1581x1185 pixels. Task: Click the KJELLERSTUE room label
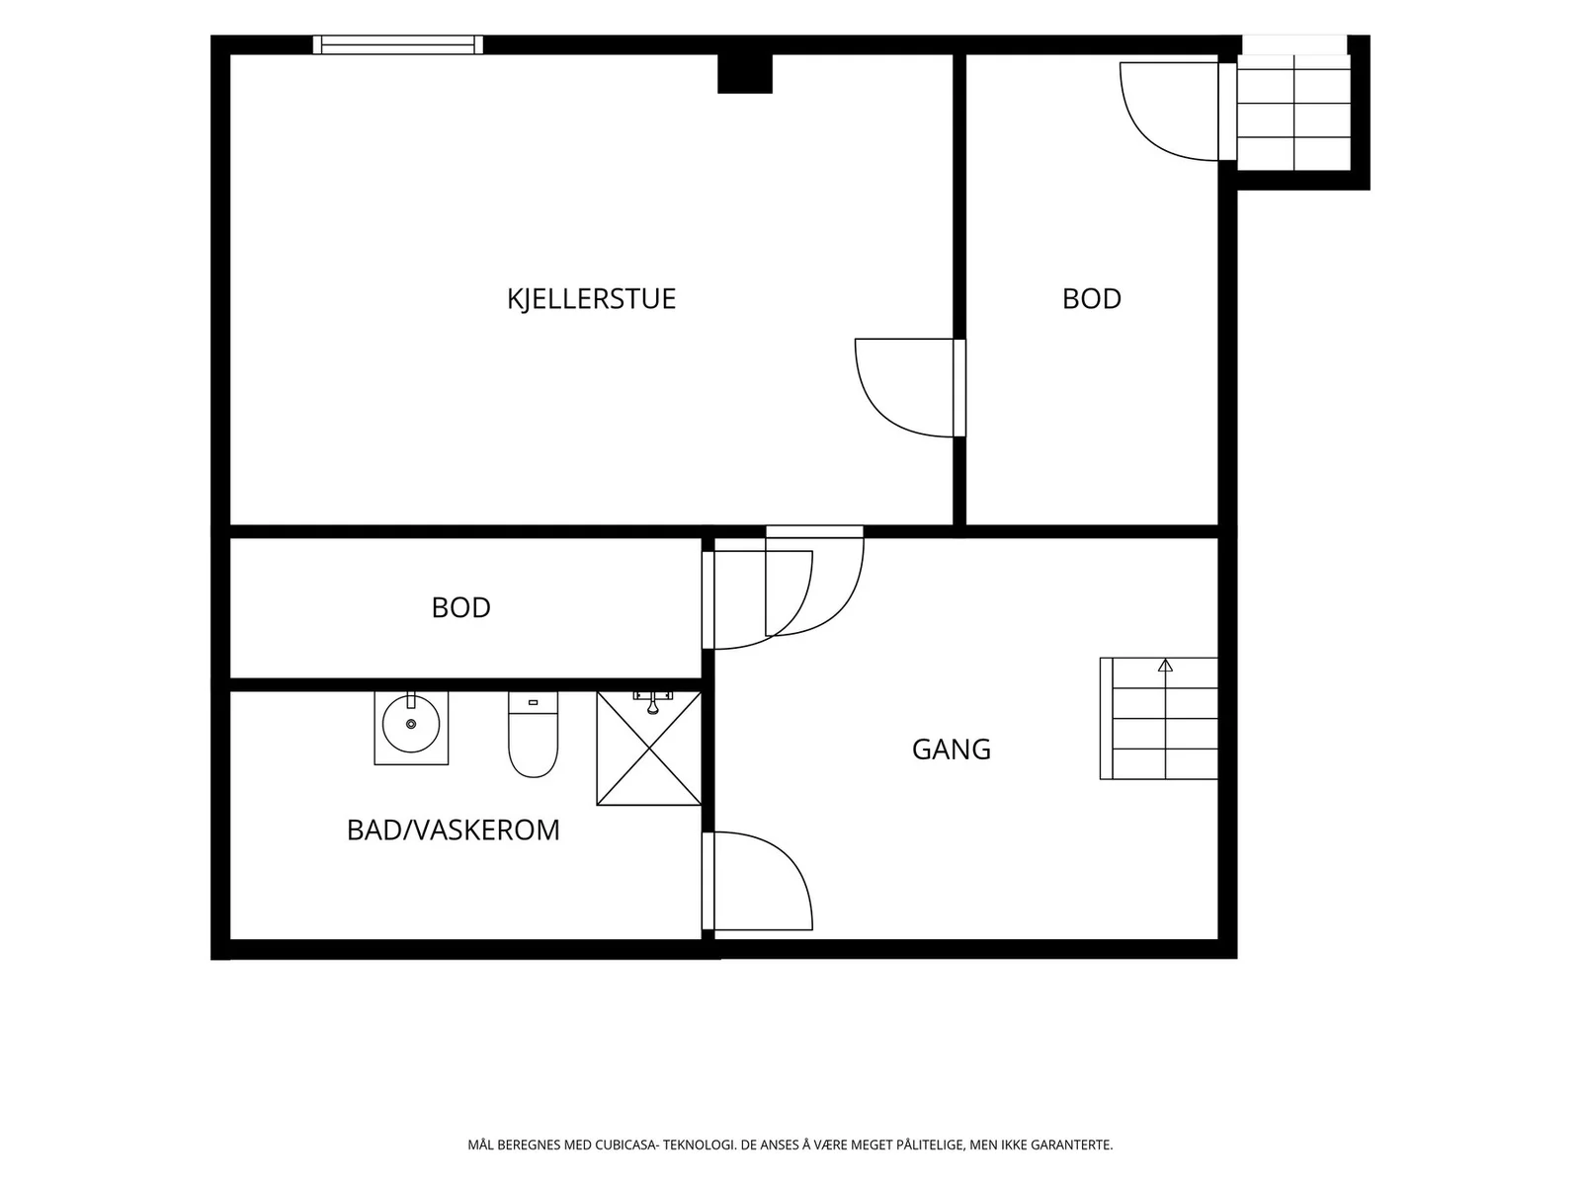click(x=591, y=298)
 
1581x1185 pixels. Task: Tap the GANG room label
click(x=951, y=749)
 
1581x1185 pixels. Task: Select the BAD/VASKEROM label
click(x=453, y=829)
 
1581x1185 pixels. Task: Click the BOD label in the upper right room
click(x=1091, y=298)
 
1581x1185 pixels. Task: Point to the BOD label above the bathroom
click(x=461, y=607)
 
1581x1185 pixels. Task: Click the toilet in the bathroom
click(x=533, y=734)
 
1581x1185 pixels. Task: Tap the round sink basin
click(x=410, y=724)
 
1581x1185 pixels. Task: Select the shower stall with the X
click(x=649, y=749)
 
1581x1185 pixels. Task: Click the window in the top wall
click(x=398, y=44)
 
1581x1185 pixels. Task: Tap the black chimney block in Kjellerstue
click(x=745, y=73)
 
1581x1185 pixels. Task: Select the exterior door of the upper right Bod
click(x=1178, y=112)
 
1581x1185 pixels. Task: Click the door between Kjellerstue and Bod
click(x=910, y=387)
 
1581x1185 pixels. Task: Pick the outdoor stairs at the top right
click(x=1293, y=113)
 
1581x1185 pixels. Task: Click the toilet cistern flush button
click(x=533, y=702)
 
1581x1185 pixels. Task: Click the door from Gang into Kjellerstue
click(x=814, y=582)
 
